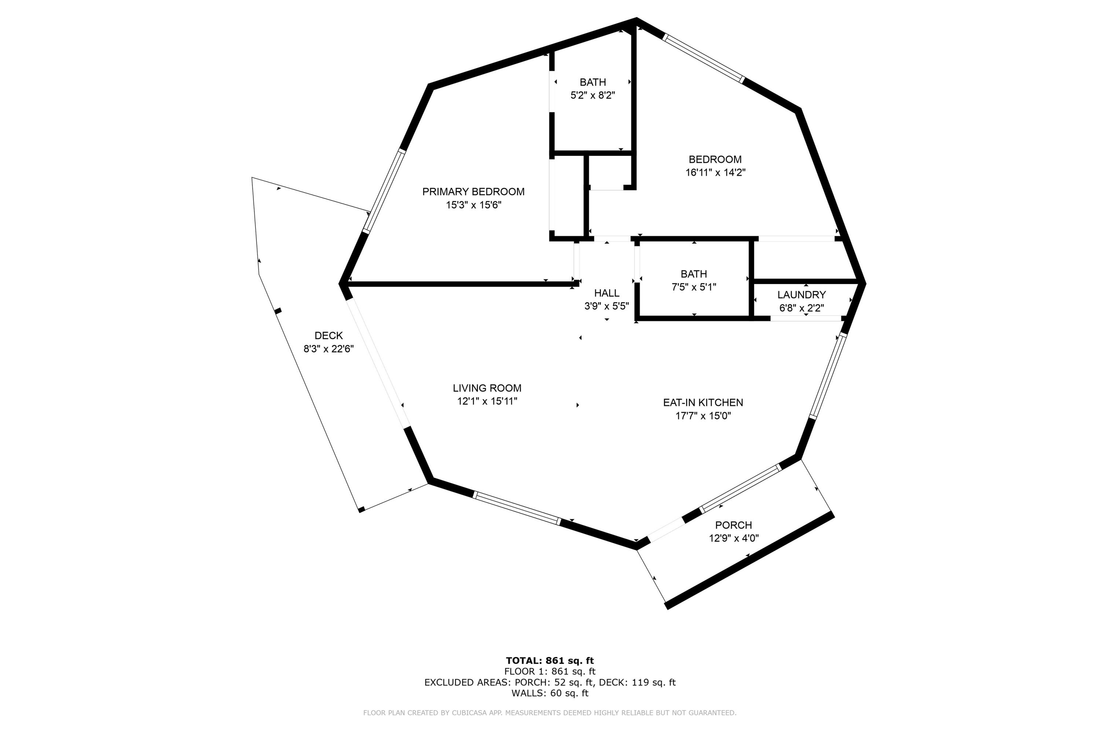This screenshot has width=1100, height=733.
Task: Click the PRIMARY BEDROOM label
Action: click(473, 192)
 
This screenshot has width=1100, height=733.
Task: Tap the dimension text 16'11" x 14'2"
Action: click(715, 173)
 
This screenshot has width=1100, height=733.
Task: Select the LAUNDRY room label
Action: click(801, 295)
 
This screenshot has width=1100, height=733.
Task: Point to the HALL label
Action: click(606, 294)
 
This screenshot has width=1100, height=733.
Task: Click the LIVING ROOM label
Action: click(487, 388)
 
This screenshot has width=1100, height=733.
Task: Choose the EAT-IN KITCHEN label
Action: click(703, 402)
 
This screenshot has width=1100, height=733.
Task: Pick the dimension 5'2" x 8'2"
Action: click(593, 96)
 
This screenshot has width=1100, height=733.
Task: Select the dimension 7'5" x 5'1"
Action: click(694, 287)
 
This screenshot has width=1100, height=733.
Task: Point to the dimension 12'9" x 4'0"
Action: click(733, 538)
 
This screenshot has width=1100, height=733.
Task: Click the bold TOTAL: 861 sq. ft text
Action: click(550, 660)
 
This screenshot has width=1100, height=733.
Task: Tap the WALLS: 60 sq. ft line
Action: click(550, 693)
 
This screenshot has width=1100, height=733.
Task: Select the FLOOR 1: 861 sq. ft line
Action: click(550, 672)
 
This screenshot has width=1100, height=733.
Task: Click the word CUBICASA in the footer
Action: click(469, 713)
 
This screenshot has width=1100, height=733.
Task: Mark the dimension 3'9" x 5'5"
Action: click(606, 306)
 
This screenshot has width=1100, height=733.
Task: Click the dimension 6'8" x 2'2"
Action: click(801, 308)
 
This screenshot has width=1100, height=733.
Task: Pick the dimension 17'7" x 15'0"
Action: click(703, 416)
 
